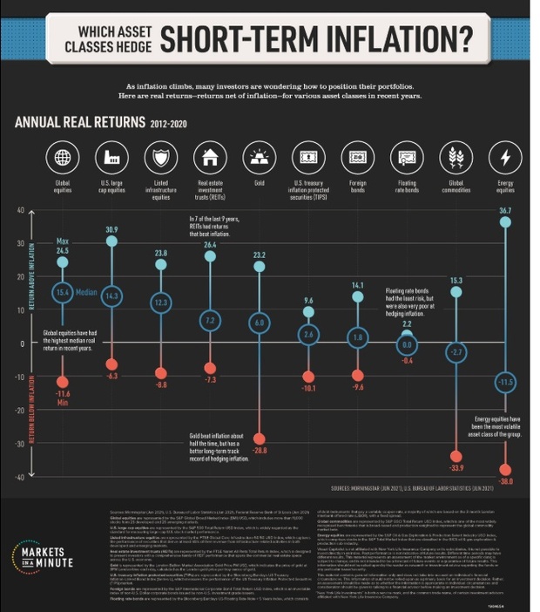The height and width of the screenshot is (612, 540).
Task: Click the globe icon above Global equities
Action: (62, 158)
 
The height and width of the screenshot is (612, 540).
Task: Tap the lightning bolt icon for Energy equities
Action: (505, 158)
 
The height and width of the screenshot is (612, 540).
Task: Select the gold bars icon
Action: (259, 158)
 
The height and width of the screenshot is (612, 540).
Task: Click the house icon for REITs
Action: (210, 158)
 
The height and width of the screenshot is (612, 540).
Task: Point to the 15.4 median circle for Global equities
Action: (62, 293)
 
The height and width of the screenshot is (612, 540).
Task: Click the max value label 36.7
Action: (505, 211)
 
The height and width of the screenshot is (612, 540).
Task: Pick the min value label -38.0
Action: (505, 481)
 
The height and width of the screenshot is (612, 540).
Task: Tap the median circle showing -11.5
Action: (505, 382)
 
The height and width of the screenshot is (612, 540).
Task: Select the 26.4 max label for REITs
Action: (210, 245)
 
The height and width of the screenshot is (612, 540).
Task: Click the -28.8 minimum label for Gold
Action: (259, 450)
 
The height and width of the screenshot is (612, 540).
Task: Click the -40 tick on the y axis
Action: (18, 476)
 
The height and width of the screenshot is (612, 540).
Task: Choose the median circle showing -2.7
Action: (456, 351)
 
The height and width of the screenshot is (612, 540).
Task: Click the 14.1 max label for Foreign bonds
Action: (357, 285)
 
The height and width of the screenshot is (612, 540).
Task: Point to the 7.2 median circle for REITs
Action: (210, 320)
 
